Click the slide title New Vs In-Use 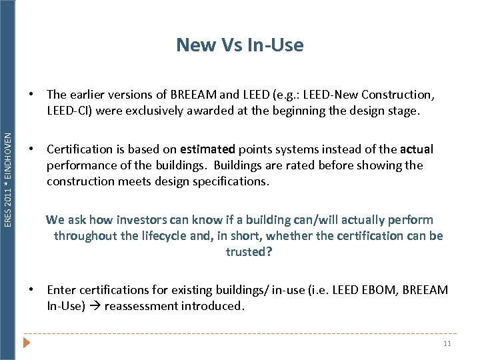click(239, 45)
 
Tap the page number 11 click(447, 344)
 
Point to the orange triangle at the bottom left click(27, 343)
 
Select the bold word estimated click(207, 149)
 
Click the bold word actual click(417, 149)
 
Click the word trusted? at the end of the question click(249, 252)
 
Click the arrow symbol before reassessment click(95, 306)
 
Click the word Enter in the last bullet click(62, 290)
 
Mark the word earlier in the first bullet click(89, 95)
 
